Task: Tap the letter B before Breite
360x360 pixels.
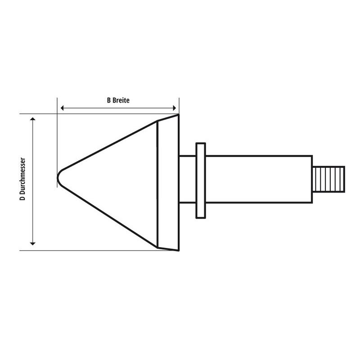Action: click(x=109, y=100)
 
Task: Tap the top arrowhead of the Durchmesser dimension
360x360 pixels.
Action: click(x=33, y=118)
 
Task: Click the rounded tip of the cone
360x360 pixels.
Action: click(x=59, y=178)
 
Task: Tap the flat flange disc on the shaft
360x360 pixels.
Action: click(x=201, y=180)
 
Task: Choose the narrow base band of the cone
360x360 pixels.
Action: click(x=168, y=182)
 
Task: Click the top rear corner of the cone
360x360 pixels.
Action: click(x=179, y=115)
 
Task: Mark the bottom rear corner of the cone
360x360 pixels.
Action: click(x=179, y=250)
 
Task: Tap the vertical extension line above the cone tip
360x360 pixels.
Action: click(x=58, y=135)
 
